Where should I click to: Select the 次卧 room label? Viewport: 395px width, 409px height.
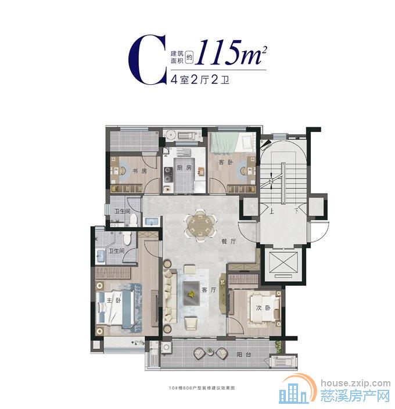click(265, 308)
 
